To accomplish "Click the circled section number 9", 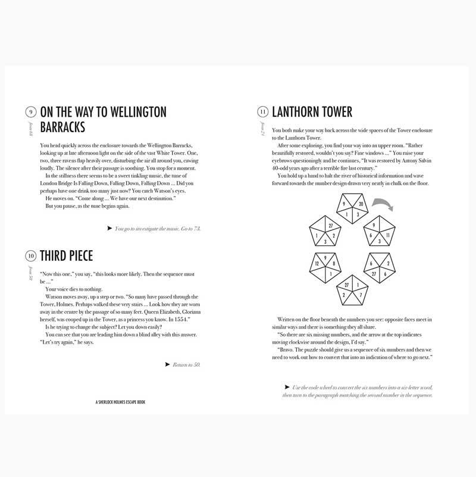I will [30, 112].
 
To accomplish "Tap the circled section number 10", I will [30, 257].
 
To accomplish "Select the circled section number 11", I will [262, 112].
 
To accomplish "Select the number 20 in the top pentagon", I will [358, 205].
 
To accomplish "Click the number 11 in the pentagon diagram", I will [388, 236].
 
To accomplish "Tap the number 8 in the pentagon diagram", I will [334, 263].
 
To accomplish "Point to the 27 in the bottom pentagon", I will [346, 285].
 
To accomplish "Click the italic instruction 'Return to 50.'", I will [186, 364].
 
